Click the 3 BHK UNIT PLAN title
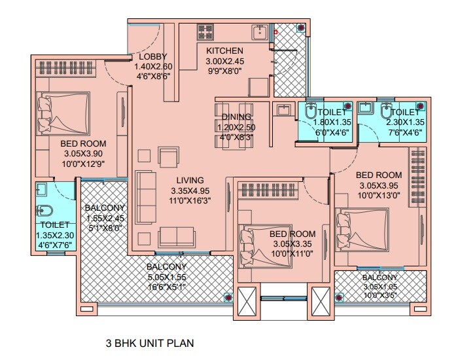pyautogui.click(x=150, y=342)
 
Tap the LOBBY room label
pyautogui.click(x=152, y=56)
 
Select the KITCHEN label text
pyautogui.click(x=224, y=51)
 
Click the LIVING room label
pyautogui.click(x=190, y=180)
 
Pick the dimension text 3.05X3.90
pyautogui.click(x=83, y=154)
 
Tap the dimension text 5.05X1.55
pyautogui.click(x=166, y=278)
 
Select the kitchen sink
pyautogui.click(x=260, y=31)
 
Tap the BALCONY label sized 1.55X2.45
pyautogui.click(x=103, y=209)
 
